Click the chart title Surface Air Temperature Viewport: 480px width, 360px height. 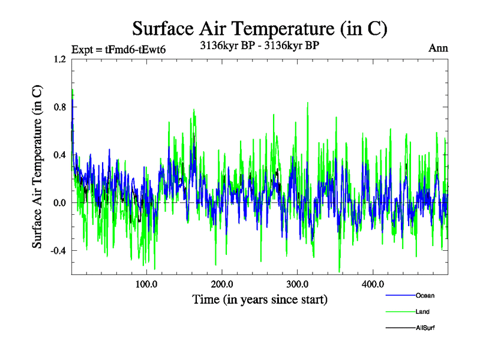point(259,28)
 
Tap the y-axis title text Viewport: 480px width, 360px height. point(37,167)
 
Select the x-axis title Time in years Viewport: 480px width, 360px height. point(260,299)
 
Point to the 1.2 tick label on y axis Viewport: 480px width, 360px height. point(59,59)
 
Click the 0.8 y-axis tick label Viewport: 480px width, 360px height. point(59,107)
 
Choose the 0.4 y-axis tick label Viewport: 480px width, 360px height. point(59,155)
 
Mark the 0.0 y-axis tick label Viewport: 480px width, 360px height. point(59,203)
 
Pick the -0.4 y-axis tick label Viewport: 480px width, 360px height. point(57,251)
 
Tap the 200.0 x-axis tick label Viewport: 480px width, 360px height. point(223,284)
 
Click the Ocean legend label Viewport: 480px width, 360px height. point(425,296)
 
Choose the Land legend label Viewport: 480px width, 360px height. point(422,312)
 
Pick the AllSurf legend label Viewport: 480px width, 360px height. point(425,328)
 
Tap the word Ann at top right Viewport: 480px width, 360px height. point(438,49)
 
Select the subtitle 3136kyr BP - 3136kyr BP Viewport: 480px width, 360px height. point(259,44)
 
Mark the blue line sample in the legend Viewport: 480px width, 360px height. point(400,296)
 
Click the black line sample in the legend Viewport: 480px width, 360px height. point(400,328)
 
